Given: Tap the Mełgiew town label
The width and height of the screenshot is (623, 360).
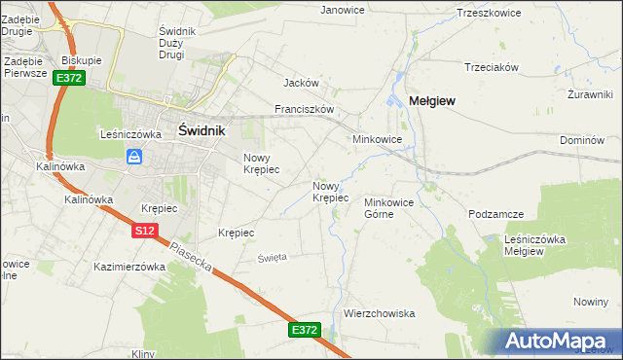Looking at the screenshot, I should tap(432, 100).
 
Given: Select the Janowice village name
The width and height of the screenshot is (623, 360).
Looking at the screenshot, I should tap(342, 10).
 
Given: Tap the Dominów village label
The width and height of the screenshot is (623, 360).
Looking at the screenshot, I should tap(583, 140).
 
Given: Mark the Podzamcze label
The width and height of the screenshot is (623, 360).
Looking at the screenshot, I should tap(496, 214).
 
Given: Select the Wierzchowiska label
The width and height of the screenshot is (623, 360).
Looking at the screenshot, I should tap(380, 313).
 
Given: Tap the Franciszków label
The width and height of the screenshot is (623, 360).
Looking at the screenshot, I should tap(305, 109).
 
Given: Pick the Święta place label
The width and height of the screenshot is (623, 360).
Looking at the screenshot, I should tap(272, 257).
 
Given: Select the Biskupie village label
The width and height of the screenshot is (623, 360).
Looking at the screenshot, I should tap(82, 59).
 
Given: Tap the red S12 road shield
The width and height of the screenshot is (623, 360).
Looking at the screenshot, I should tap(144, 231).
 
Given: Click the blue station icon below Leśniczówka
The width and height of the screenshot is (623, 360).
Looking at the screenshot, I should tap(135, 157).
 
